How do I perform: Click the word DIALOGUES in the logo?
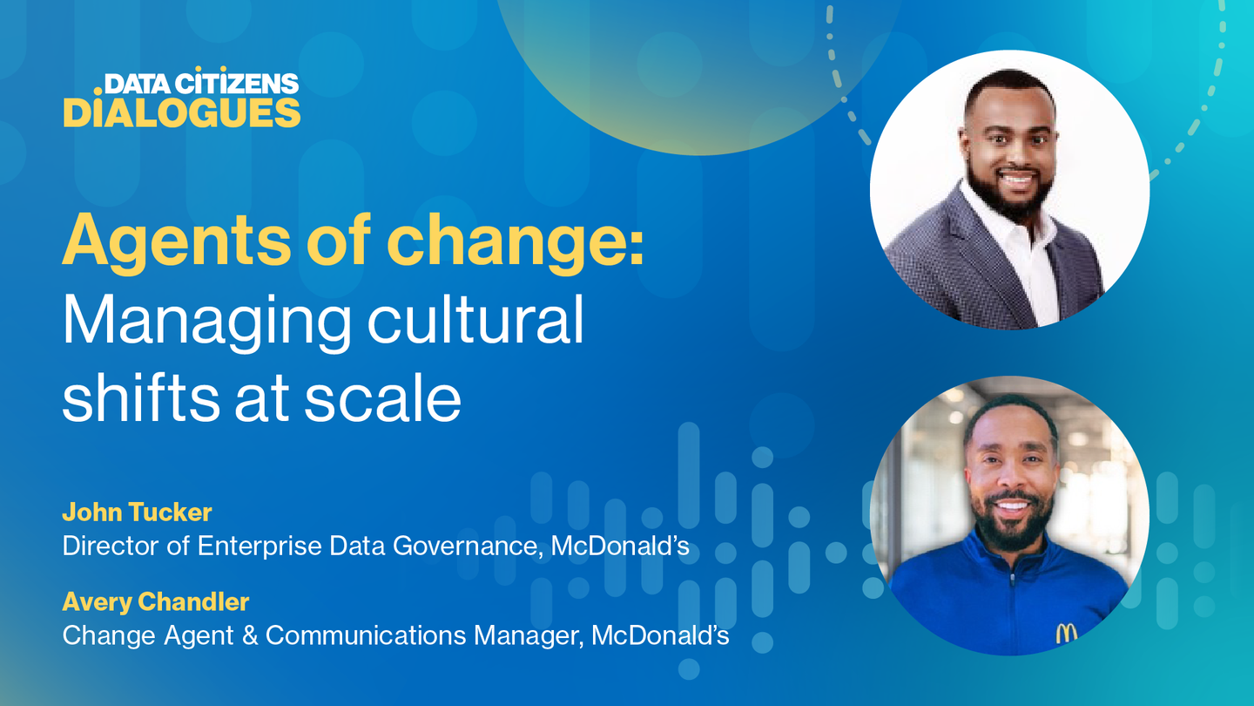(x=182, y=112)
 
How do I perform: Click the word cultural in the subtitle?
(x=475, y=318)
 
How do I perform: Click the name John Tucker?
(x=138, y=513)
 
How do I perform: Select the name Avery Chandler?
(x=156, y=601)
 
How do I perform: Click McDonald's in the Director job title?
(x=620, y=546)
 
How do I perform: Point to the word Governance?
(x=468, y=546)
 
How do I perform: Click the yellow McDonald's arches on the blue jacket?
(x=1066, y=633)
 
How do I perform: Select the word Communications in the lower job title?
(x=366, y=635)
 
